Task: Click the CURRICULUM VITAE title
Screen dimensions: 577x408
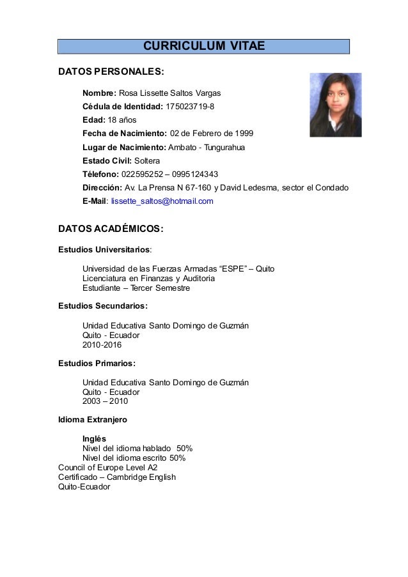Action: pos(203,46)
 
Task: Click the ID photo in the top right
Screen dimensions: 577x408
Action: pos(335,105)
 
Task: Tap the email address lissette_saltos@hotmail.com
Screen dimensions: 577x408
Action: pos(162,201)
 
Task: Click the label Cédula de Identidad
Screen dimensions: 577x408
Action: pos(122,106)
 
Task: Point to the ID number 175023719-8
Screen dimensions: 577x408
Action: pos(190,106)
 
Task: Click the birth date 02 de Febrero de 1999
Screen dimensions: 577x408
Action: pos(211,134)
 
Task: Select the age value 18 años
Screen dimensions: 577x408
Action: pos(122,120)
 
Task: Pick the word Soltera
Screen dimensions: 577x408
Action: pos(147,160)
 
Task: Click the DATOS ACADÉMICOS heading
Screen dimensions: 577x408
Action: pos(111,229)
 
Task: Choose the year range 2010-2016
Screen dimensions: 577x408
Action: pos(102,345)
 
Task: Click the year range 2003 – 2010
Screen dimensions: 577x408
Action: pos(105,401)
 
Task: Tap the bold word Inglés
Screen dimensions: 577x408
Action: pos(95,439)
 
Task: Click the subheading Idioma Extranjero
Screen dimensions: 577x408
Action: pos(92,420)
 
